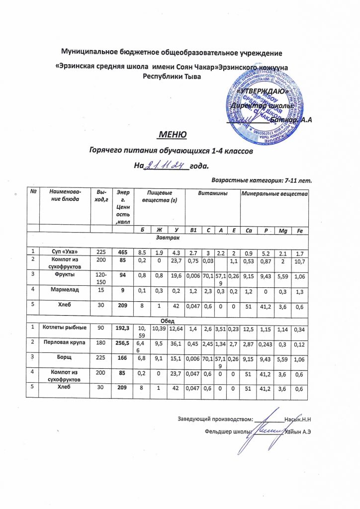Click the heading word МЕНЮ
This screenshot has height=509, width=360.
click(x=172, y=135)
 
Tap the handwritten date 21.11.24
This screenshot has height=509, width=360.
click(x=163, y=165)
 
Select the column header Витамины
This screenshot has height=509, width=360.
click(x=211, y=192)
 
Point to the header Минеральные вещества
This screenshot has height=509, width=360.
click(x=274, y=192)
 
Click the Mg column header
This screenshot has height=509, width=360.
click(x=282, y=230)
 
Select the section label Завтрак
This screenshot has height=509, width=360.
click(x=170, y=239)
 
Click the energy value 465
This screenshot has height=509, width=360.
click(x=120, y=251)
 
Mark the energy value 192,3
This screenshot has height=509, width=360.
click(x=120, y=328)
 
